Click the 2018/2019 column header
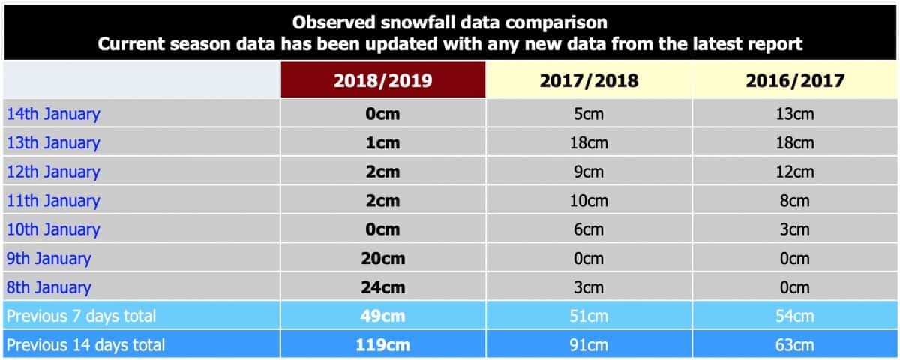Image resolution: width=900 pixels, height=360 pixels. tap(383, 81)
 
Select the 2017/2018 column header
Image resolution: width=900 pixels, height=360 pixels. tap(589, 81)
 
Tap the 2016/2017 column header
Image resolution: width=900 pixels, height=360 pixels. tap(795, 81)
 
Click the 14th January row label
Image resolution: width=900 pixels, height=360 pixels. tap(53, 114)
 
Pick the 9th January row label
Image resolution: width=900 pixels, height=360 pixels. tap(49, 258)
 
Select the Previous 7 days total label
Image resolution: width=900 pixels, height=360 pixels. tap(81, 316)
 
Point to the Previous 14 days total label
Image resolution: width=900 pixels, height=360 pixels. tap(85, 345)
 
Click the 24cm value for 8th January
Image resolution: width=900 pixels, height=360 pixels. tap(383, 287)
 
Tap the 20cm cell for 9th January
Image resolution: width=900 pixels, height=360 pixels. tap(383, 258)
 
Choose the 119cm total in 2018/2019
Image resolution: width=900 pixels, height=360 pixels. tap(383, 345)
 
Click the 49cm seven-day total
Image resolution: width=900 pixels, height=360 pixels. tap(383, 316)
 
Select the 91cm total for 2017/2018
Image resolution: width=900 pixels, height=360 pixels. tap(589, 345)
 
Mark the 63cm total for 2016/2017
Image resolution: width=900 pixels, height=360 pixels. tap(795, 345)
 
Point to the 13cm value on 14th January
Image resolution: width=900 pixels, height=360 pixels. tap(795, 114)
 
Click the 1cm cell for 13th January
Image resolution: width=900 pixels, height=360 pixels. tap(383, 143)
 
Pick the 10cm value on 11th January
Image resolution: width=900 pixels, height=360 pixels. tap(589, 201)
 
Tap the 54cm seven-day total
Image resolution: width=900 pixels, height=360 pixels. tap(795, 316)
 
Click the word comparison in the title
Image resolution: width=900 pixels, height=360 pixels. tap(556, 22)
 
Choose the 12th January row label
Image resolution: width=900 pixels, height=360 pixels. tap(53, 172)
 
